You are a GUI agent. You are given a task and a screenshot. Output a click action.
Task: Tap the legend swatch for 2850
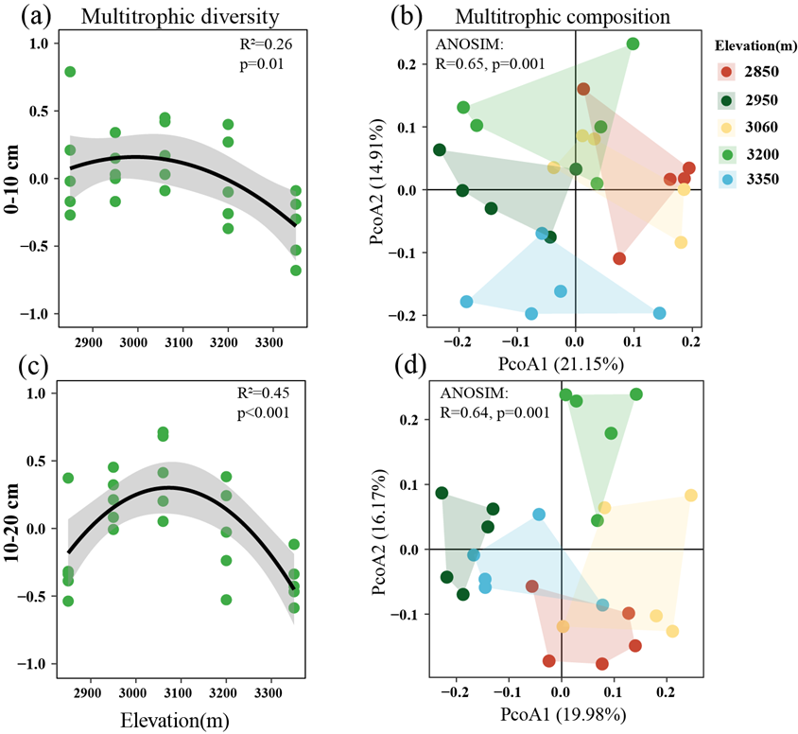coord(725,73)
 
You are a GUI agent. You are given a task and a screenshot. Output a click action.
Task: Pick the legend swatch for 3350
coord(725,179)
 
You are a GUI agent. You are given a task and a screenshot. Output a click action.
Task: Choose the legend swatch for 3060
coord(725,126)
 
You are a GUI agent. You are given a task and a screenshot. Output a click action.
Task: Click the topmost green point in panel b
coord(633,44)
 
